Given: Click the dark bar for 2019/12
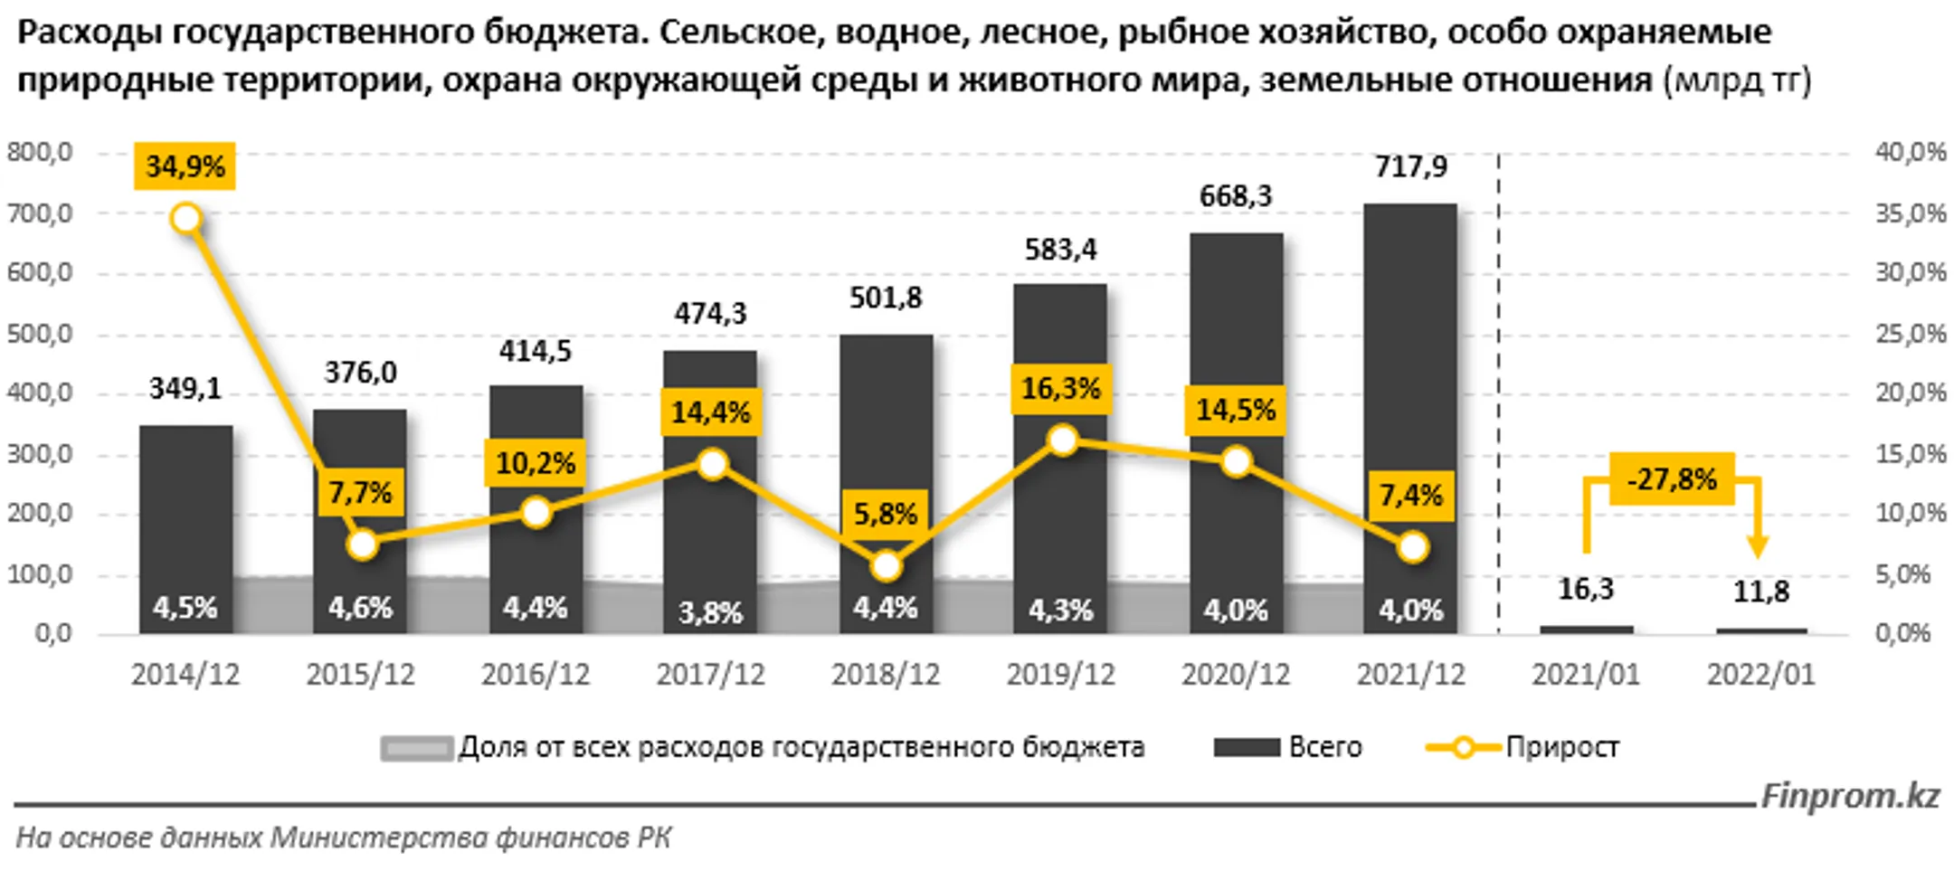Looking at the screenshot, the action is pyautogui.click(x=1060, y=459).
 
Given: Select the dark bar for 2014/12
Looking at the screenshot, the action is pyautogui.click(x=185, y=529).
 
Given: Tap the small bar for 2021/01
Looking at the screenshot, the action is pyautogui.click(x=1586, y=630).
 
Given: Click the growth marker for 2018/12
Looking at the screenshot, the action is pyautogui.click(x=886, y=566).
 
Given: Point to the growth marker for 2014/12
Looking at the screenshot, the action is pyautogui.click(x=185, y=219).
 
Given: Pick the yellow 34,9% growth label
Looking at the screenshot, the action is pyautogui.click(x=185, y=166).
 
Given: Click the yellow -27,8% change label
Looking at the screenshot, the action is pyautogui.click(x=1672, y=478).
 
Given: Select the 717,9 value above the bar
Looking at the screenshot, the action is pyautogui.click(x=1411, y=167).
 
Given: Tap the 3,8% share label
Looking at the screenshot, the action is pyautogui.click(x=710, y=613).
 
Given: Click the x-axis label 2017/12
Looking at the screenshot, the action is pyautogui.click(x=710, y=675).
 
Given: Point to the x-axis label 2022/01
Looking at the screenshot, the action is pyautogui.click(x=1760, y=675).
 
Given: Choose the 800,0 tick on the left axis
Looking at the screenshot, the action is pyautogui.click(x=40, y=152).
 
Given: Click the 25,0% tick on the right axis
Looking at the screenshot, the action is pyautogui.click(x=1911, y=334).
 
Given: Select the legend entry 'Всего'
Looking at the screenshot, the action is pyautogui.click(x=1324, y=747).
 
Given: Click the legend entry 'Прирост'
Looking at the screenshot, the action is pyautogui.click(x=1562, y=747).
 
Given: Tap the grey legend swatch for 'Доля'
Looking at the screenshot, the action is pyautogui.click(x=416, y=748).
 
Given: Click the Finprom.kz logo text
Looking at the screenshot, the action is pyautogui.click(x=1850, y=796).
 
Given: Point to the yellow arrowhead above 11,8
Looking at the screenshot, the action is pyautogui.click(x=1757, y=546).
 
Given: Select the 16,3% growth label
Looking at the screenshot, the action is pyautogui.click(x=1060, y=389).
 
